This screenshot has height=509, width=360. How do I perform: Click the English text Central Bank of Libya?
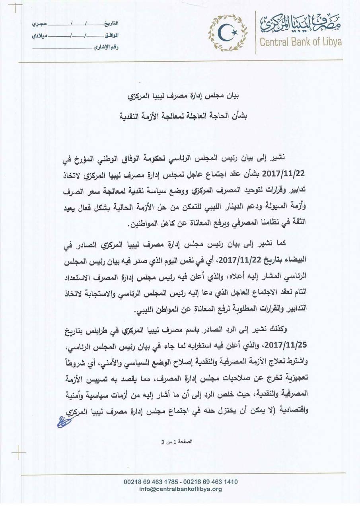(301, 42)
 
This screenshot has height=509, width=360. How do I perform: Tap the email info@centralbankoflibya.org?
(181, 489)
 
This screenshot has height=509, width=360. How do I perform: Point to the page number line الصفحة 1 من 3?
(180, 441)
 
